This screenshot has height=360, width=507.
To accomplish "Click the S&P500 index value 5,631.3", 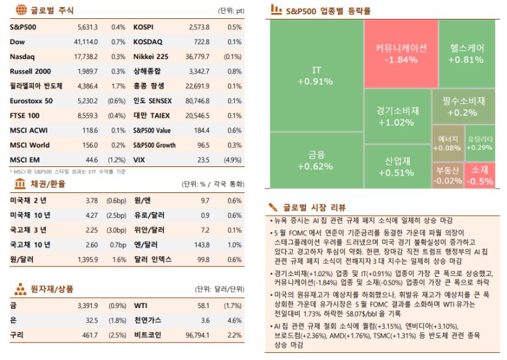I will point(87,27).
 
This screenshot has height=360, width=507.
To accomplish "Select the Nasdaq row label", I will point(23,57).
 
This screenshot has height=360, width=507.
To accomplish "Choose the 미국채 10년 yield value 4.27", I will point(92,215).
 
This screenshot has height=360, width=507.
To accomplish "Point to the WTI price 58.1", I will point(203,305).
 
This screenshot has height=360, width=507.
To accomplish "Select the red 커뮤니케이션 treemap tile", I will point(400,53).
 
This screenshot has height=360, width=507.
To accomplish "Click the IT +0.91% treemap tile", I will point(316,75).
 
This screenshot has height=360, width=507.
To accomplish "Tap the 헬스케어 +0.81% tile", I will point(465,53).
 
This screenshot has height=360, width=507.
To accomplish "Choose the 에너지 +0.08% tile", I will point(447,143).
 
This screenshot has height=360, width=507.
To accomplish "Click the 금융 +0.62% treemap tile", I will point(316,160).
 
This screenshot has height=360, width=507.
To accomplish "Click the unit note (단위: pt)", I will point(231,11).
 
